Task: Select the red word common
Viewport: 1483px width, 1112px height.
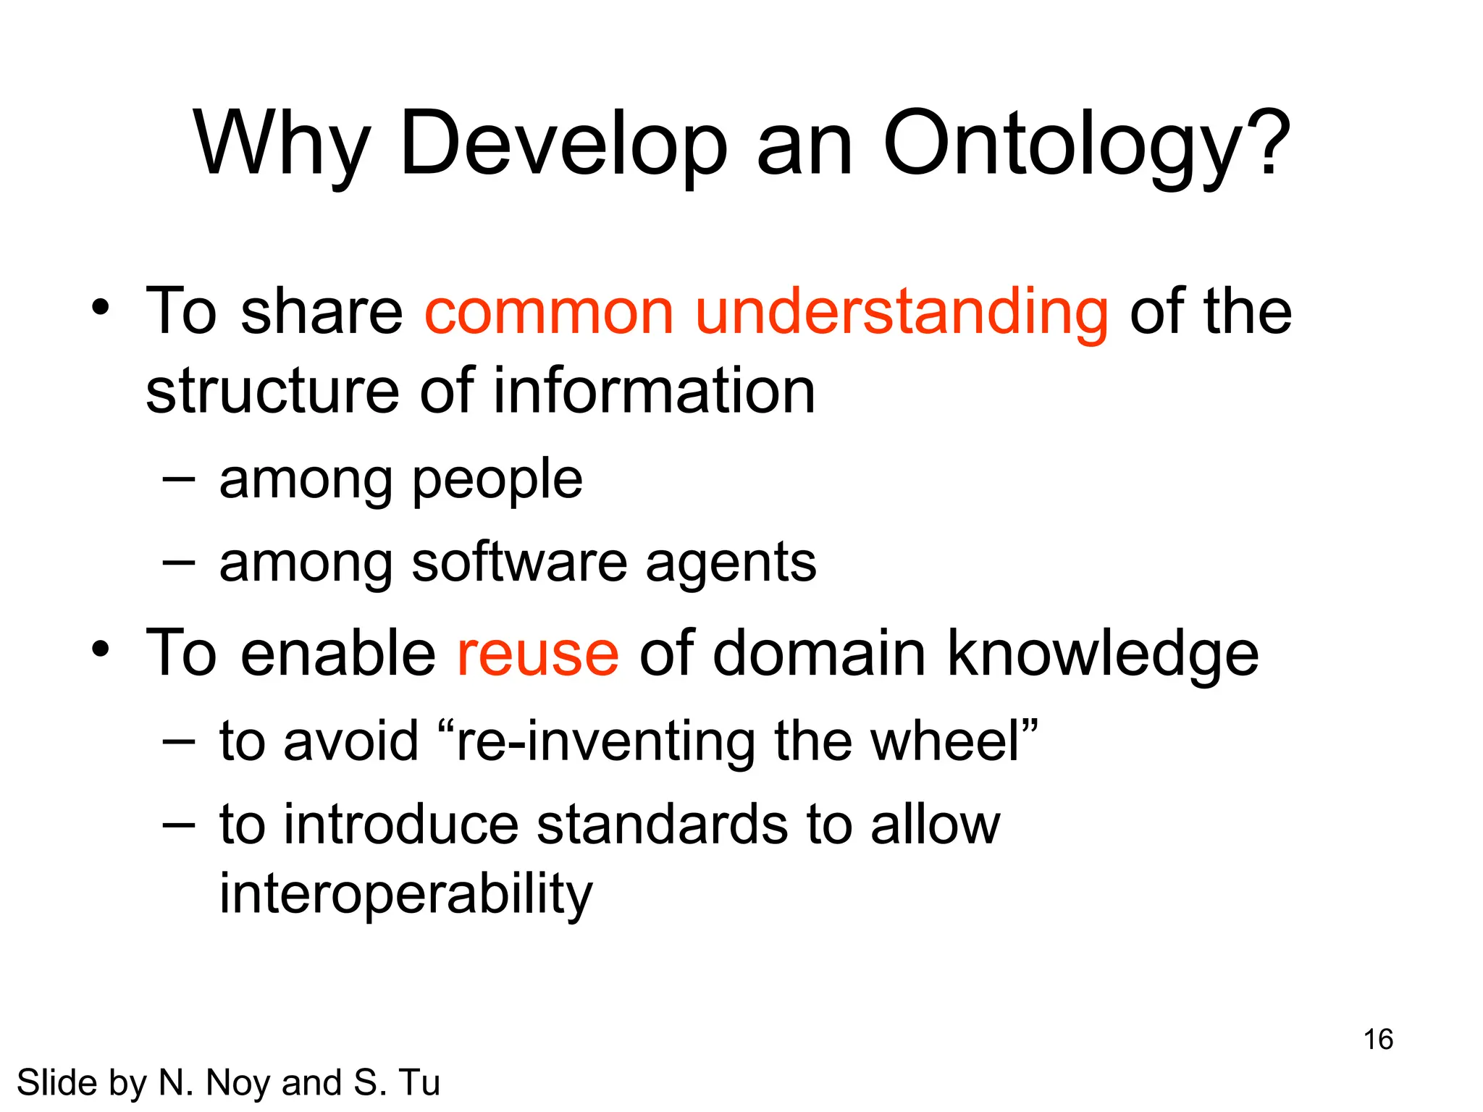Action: [x=549, y=313]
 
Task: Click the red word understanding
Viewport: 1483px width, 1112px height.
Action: [x=901, y=313]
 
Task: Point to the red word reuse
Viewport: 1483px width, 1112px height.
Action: [x=537, y=654]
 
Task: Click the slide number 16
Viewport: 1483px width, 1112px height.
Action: [x=1378, y=1040]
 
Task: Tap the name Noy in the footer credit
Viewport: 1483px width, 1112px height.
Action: [x=239, y=1083]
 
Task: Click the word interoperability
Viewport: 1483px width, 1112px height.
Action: [x=406, y=893]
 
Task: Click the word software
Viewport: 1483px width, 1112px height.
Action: [x=518, y=563]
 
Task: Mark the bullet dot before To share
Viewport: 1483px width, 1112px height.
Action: [x=101, y=308]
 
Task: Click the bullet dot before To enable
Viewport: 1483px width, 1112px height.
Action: [x=101, y=649]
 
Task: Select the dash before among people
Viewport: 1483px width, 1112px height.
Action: [x=178, y=479]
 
